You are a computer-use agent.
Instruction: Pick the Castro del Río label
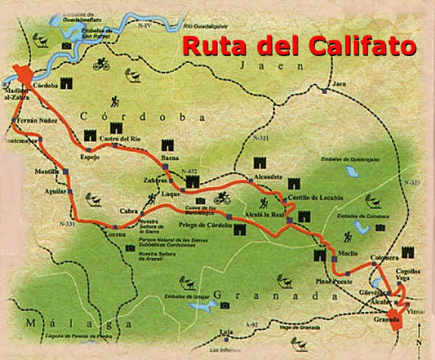(121, 139)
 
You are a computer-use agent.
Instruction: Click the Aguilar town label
(55, 191)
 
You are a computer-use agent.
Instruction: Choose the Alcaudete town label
(268, 178)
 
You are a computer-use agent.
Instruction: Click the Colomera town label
(384, 258)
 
